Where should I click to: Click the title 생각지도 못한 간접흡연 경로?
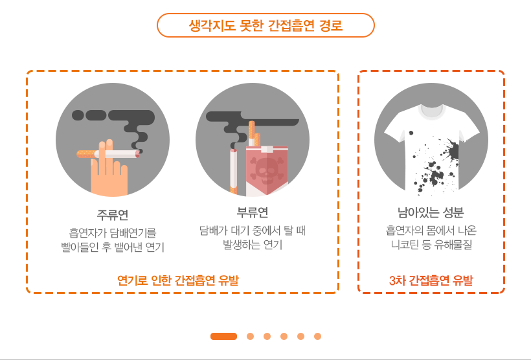265,25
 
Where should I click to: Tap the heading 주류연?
113,214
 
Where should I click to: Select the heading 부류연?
253,212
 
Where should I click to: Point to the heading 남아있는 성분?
431,212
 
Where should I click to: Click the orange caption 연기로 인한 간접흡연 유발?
178,280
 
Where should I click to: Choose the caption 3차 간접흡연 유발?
431,280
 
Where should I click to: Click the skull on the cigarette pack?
267,170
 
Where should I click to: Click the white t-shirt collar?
431,111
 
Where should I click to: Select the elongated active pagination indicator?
223,336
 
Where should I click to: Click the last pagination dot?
317,336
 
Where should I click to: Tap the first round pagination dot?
250,336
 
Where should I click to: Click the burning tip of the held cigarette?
137,155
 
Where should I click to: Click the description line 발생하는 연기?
253,245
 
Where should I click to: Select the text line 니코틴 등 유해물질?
431,245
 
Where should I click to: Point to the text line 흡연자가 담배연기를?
113,233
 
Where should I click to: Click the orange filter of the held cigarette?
87,154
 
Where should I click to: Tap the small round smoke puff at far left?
78,115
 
